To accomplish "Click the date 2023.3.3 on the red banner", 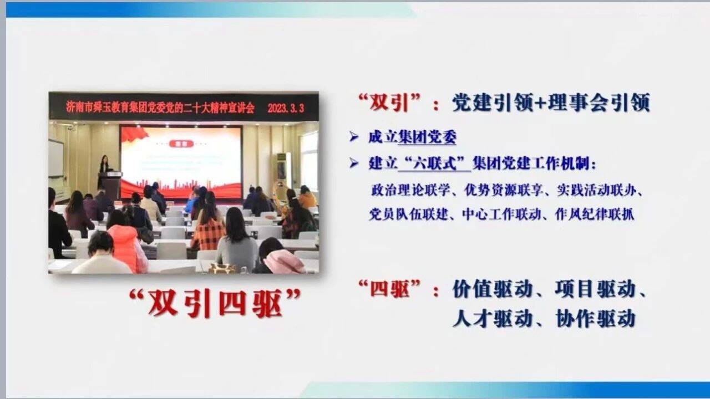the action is pyautogui.click(x=286, y=108).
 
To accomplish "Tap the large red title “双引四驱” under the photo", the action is pyautogui.click(x=215, y=303).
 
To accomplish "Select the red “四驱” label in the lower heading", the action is pyautogui.click(x=389, y=288).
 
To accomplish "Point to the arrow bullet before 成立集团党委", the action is pyautogui.click(x=353, y=137).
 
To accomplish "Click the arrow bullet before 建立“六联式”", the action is pyautogui.click(x=353, y=163).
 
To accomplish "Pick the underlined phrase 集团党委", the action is pyautogui.click(x=427, y=137).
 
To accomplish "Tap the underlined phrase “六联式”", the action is pyautogui.click(x=434, y=163).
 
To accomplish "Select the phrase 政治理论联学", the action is pyautogui.click(x=410, y=190).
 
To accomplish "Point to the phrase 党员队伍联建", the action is pyautogui.click(x=408, y=214).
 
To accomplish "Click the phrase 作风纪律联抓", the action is pyautogui.click(x=595, y=214).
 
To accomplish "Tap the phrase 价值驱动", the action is pyautogui.click(x=492, y=289).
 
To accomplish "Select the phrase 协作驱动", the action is pyautogui.click(x=596, y=318).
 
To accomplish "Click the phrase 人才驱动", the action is pyautogui.click(x=492, y=318).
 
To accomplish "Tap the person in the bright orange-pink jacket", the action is pyautogui.click(x=128, y=249).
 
